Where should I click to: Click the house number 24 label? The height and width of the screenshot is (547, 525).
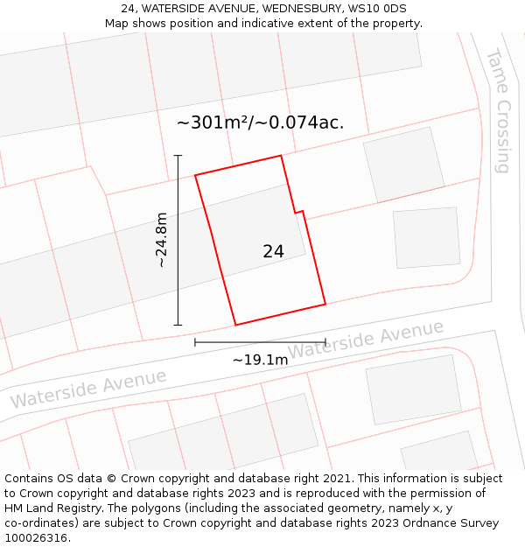pyautogui.click(x=273, y=251)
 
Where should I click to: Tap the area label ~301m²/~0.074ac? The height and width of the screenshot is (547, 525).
pyautogui.click(x=260, y=123)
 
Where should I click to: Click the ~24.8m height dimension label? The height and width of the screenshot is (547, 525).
pyautogui.click(x=161, y=240)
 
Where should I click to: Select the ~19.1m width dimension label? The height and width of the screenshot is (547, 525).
pyautogui.click(x=260, y=360)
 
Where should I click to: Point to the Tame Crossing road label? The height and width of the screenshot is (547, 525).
pyautogui.click(x=498, y=110)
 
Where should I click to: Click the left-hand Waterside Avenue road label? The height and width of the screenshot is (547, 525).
pyautogui.click(x=87, y=389)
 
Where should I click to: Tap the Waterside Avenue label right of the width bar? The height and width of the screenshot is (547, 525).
pyautogui.click(x=366, y=339)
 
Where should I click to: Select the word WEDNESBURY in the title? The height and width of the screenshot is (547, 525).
pyautogui.click(x=298, y=9)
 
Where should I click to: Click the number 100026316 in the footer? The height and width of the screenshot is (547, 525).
pyautogui.click(x=36, y=538)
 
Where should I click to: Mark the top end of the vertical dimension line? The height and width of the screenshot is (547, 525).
pyautogui.click(x=178, y=156)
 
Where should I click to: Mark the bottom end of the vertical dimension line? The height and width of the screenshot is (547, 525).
pyautogui.click(x=178, y=325)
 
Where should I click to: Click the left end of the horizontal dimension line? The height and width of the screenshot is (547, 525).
pyautogui.click(x=195, y=341)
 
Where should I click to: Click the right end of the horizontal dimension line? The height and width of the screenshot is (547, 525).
pyautogui.click(x=325, y=341)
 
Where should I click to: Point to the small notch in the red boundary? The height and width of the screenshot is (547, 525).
pyautogui.click(x=298, y=211)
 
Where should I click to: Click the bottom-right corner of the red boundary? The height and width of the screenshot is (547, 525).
pyautogui.click(x=325, y=305)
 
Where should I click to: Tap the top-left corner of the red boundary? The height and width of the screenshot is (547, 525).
pyautogui.click(x=195, y=175)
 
